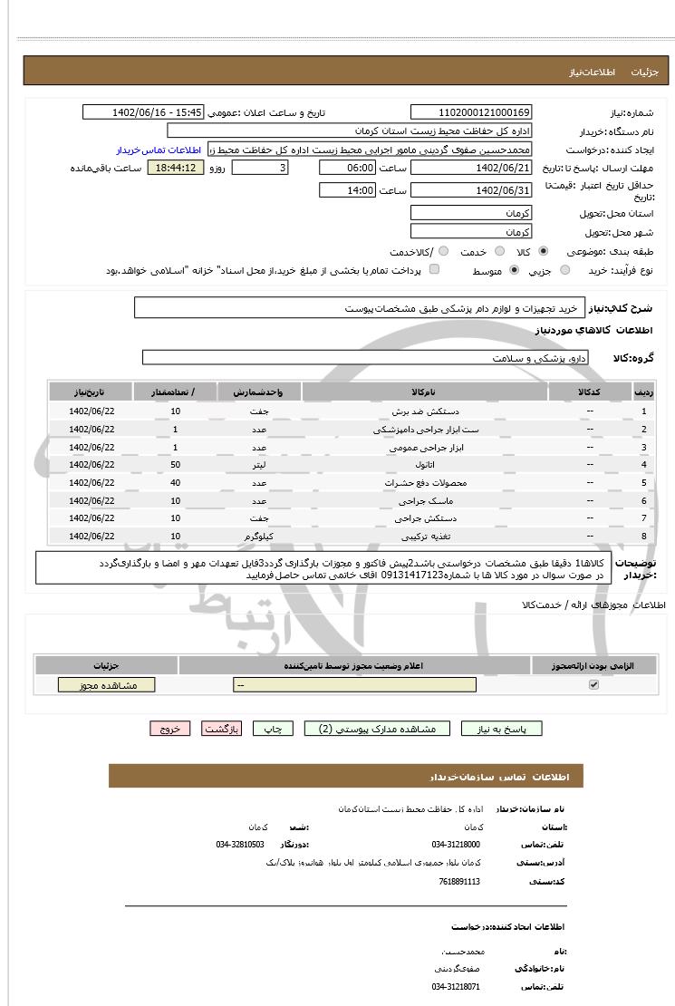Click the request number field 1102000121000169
[471, 112]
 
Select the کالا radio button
[543, 251]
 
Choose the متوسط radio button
[515, 270]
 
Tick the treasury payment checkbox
[434, 270]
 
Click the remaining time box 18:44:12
[176, 169]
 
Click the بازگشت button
[221, 729]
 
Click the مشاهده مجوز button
[106, 685]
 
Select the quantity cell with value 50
[175, 465]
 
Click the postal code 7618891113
[459, 881]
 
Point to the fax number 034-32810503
[240, 845]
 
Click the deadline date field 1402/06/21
[471, 169]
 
